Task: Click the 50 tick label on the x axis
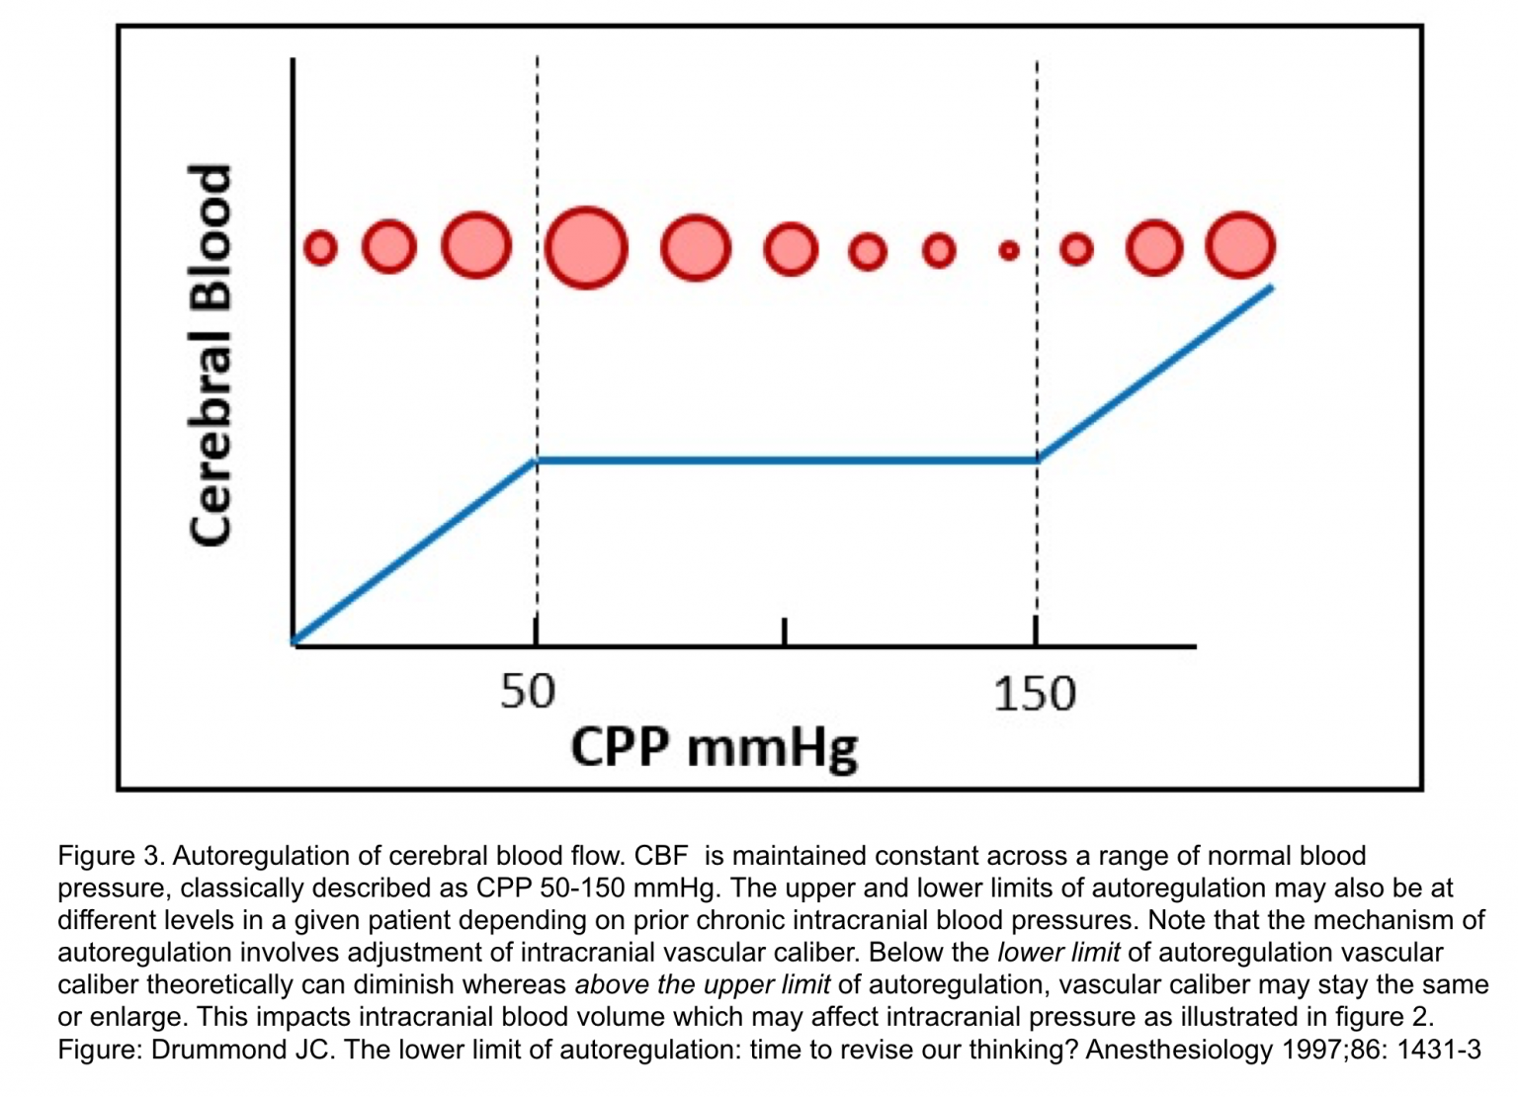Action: coord(528,691)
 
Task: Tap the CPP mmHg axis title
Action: coord(714,747)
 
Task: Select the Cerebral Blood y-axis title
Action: coord(211,355)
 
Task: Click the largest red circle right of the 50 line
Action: coord(586,247)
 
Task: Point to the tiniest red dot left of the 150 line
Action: coord(1008,251)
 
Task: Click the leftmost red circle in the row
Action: coord(320,247)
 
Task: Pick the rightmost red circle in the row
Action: coord(1240,245)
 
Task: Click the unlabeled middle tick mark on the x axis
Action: coord(784,633)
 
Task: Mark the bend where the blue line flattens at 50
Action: coord(536,460)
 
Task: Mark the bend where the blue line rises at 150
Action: coord(1037,460)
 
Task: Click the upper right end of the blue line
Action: coord(1270,288)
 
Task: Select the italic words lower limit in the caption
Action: coord(1058,953)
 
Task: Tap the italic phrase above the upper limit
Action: coord(702,985)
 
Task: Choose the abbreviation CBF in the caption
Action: coord(660,856)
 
